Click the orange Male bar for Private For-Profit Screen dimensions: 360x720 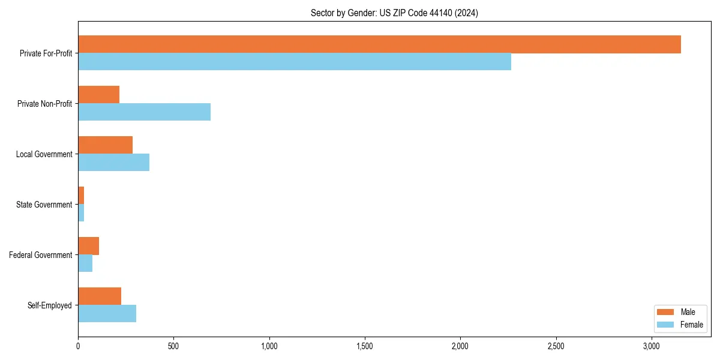click(379, 44)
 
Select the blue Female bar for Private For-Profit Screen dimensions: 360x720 click(295, 62)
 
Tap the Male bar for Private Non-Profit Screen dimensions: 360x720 click(98, 95)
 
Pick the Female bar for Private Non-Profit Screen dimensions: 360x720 click(144, 112)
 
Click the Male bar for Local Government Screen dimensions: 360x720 click(105, 145)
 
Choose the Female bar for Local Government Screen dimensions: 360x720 click(113, 163)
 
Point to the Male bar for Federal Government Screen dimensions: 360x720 click(88, 246)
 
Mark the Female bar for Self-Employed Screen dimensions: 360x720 click(107, 314)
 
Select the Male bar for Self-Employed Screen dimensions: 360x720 click(100, 296)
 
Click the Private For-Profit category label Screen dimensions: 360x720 click(46, 53)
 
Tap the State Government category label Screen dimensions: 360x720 click(44, 205)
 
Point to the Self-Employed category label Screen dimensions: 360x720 click(50, 305)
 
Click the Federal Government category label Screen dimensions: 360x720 click(41, 255)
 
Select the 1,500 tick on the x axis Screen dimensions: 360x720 click(365, 346)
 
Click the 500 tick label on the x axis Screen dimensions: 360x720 click(173, 346)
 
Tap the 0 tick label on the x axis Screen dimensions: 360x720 click(78, 346)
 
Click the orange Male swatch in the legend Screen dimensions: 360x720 click(666, 312)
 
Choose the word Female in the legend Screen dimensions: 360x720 click(691, 325)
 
